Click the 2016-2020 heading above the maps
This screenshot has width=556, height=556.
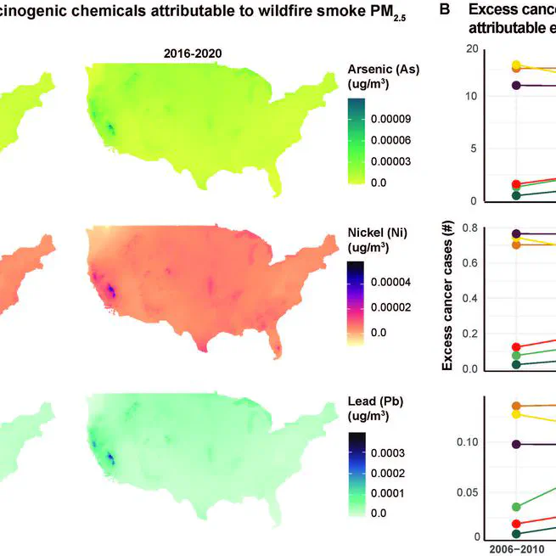193,53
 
